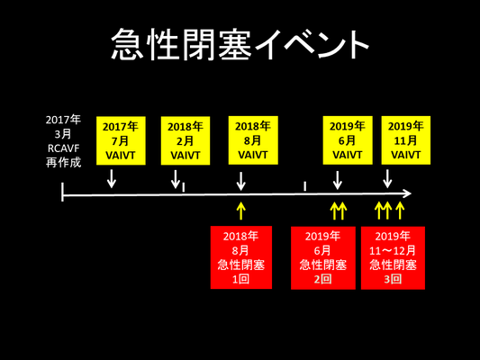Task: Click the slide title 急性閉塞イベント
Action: pyautogui.click(x=240, y=44)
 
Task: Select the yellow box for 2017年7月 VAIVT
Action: pyautogui.click(x=121, y=140)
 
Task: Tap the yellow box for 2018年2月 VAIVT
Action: pyautogui.click(x=186, y=140)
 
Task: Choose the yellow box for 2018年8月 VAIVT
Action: pyautogui.click(x=253, y=140)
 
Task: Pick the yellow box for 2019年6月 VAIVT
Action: pyautogui.click(x=348, y=140)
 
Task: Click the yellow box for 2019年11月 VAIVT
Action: pyautogui.click(x=406, y=140)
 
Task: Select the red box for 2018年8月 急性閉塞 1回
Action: pyautogui.click(x=241, y=257)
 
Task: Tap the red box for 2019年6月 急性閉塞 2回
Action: pyautogui.click(x=323, y=257)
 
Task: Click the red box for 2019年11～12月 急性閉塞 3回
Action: pyautogui.click(x=393, y=257)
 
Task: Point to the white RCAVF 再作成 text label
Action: pyautogui.click(x=63, y=156)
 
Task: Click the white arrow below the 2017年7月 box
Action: pyautogui.click(x=112, y=178)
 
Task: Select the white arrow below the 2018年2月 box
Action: pyautogui.click(x=176, y=179)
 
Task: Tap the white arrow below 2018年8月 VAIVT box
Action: pyautogui.click(x=241, y=181)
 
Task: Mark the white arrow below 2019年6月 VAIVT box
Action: pyautogui.click(x=338, y=180)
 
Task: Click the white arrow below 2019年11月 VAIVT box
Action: pyautogui.click(x=387, y=179)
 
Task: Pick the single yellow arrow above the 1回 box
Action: pyautogui.click(x=241, y=211)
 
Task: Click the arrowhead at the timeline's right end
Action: pyautogui.click(x=406, y=193)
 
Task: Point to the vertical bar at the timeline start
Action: pyautogui.click(x=62, y=192)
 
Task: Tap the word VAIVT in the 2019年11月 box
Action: pyautogui.click(x=406, y=155)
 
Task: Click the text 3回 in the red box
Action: pyautogui.click(x=393, y=279)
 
